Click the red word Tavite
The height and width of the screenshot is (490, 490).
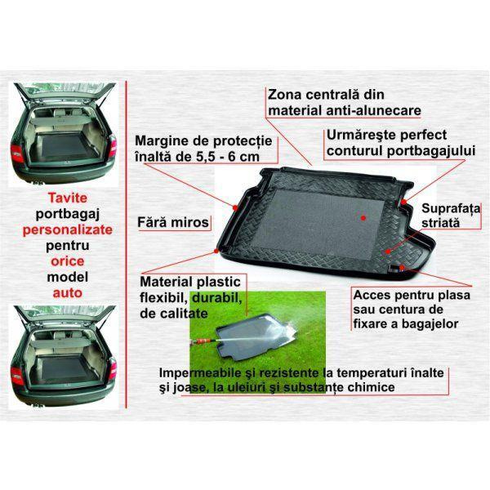68,198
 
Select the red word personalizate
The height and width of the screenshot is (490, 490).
68,229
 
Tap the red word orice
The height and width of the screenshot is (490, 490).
68,261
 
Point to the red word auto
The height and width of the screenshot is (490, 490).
68,293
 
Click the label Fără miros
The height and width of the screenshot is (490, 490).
173,222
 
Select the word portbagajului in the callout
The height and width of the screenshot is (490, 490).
431,150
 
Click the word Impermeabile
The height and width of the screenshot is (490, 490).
200,373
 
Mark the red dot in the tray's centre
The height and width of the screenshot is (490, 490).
363,218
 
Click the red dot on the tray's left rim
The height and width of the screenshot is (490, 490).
235,207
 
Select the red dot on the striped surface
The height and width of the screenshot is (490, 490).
388,252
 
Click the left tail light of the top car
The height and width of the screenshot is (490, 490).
16,154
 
